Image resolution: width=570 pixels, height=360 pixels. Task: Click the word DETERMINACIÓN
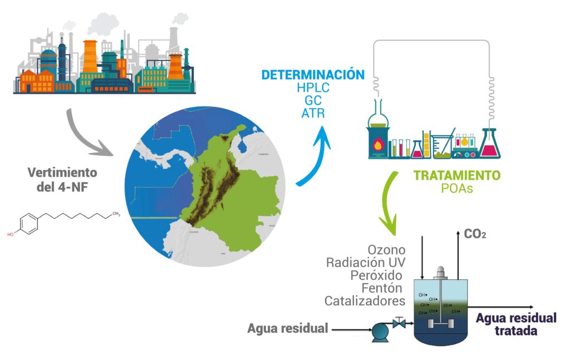[313, 75]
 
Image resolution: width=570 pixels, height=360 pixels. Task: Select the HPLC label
[313, 88]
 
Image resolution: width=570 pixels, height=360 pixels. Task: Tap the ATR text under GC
[313, 113]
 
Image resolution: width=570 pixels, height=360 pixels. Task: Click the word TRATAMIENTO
[456, 175]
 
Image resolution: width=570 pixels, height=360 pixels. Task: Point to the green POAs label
[456, 189]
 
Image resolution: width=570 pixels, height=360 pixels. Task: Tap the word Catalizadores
[365, 301]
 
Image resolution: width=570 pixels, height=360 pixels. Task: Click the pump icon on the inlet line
[381, 332]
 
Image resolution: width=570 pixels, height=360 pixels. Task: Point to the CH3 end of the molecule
[116, 213]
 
